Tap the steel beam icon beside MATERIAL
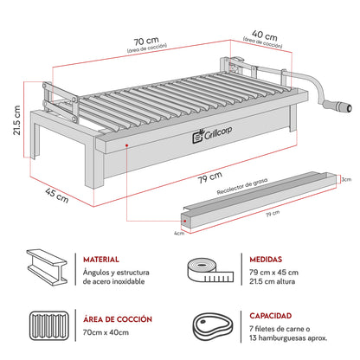point(48,269)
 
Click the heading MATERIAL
point(102,259)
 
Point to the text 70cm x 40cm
point(106,332)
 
